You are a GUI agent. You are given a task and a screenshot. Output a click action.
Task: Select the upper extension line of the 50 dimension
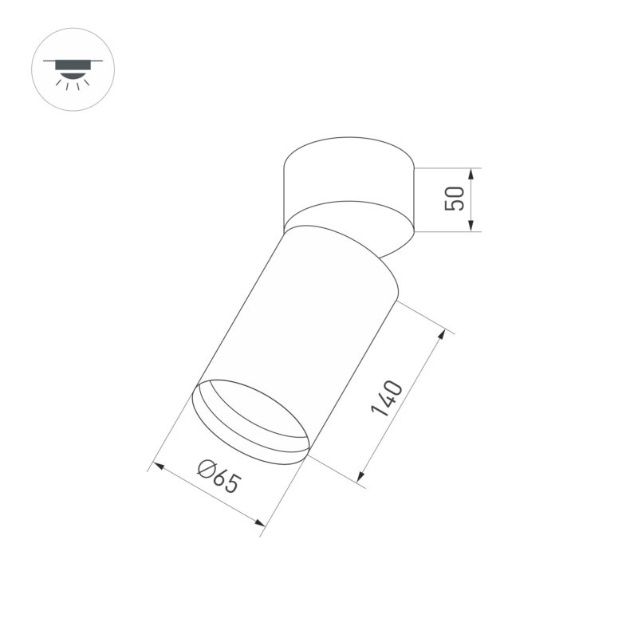coord(447,168)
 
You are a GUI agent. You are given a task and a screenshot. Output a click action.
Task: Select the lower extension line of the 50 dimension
coord(447,231)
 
